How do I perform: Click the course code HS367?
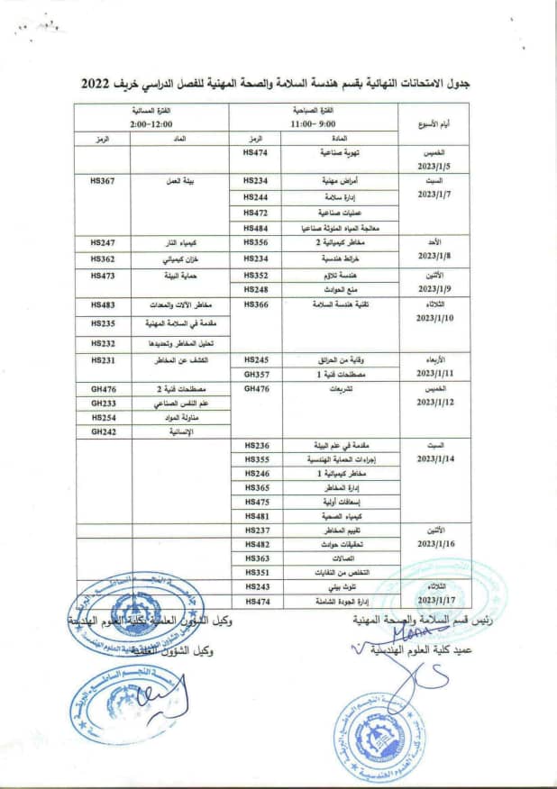104,181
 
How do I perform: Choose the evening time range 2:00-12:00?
151,122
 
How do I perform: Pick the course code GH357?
257,373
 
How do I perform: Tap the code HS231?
104,359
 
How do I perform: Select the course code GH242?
104,432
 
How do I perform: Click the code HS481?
257,516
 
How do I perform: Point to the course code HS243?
257,586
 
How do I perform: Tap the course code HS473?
104,276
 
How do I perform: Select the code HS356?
257,243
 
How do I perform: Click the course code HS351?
257,572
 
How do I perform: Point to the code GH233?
104,404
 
